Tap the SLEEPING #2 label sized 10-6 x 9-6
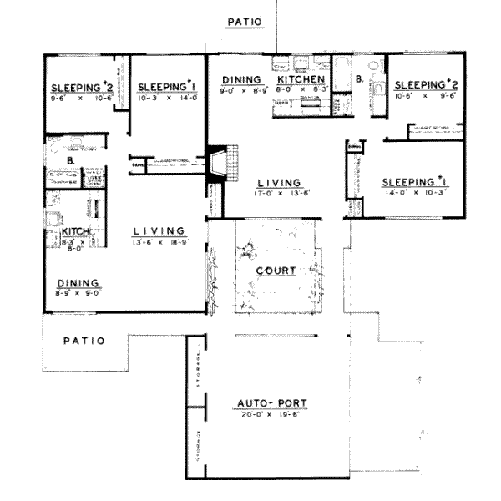click(422, 84)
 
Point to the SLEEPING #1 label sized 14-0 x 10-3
click(409, 182)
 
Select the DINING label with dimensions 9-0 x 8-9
click(242, 79)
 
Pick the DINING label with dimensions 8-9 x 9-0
click(78, 282)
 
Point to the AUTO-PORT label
click(271, 403)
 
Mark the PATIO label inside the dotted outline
click(83, 341)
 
